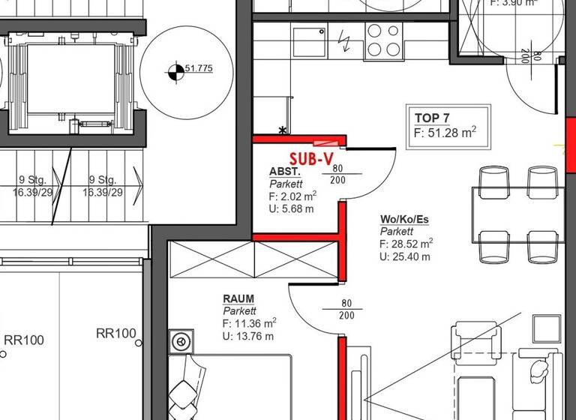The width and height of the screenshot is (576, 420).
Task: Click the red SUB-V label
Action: coord(310,158)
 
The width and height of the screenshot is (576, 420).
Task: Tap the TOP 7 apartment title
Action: coord(433,118)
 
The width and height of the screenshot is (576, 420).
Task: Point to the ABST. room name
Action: coord(284,172)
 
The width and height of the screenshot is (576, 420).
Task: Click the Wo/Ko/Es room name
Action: coord(406,220)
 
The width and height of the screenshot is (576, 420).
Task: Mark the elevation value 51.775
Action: coord(199,69)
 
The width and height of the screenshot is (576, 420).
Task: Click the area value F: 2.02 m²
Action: coord(292,196)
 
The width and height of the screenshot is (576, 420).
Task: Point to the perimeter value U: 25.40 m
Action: coord(405,256)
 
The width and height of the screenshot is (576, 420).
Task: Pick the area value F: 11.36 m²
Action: coord(250,323)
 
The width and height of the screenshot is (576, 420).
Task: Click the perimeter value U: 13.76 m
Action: coord(247,335)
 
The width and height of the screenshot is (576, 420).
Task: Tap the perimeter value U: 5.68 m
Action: coord(291,208)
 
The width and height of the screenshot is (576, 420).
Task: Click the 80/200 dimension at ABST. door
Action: coord(338,174)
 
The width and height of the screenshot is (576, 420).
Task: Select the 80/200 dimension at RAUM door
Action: coord(346,310)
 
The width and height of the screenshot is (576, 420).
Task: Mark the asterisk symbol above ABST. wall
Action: coord(283,130)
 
